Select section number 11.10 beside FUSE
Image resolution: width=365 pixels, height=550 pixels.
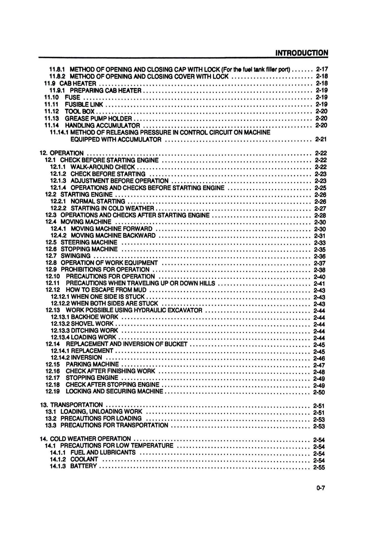[52, 97]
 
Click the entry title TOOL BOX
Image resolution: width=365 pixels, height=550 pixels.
[80, 111]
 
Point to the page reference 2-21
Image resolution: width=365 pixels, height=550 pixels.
[321, 139]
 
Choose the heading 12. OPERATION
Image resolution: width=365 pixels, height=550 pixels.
[62, 153]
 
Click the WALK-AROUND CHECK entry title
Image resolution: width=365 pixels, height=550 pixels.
[103, 167]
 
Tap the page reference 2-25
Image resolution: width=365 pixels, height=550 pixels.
[320, 188]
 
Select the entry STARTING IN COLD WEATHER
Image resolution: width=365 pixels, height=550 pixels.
[112, 208]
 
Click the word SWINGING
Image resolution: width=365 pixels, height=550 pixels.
[76, 256]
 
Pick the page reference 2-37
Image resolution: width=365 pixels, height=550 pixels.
[320, 263]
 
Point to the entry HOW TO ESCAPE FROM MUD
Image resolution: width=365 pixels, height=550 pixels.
[106, 290]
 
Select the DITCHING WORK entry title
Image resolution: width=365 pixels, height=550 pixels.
[94, 330]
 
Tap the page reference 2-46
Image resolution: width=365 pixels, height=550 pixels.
[319, 358]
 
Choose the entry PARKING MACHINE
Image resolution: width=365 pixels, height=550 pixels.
[92, 364]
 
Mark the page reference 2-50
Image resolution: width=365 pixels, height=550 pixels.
[319, 392]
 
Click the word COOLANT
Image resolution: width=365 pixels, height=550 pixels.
[84, 459]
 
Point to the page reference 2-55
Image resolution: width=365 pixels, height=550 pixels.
[319, 467]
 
